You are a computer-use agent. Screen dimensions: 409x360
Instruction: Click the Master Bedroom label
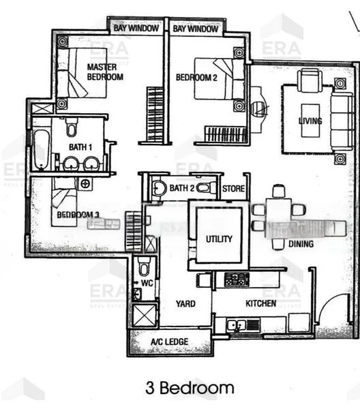point(105,72)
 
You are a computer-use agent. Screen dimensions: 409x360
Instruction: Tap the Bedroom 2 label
point(196,78)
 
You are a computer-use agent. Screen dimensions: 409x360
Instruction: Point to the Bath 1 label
point(81,147)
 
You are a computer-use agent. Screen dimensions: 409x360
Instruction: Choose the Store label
point(234,187)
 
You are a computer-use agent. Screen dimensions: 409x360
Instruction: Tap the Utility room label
point(219,239)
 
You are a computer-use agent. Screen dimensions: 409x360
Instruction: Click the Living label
point(310,121)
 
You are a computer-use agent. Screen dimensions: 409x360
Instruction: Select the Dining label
point(301,243)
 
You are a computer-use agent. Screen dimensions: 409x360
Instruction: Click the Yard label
point(185,304)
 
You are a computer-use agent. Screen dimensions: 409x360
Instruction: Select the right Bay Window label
point(196,29)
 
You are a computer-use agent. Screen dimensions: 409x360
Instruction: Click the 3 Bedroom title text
point(190,389)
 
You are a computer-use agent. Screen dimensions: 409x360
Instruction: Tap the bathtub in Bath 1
point(40,149)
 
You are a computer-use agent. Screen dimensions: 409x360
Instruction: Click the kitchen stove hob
point(237,279)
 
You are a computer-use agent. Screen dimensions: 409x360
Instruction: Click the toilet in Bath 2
point(158,187)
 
